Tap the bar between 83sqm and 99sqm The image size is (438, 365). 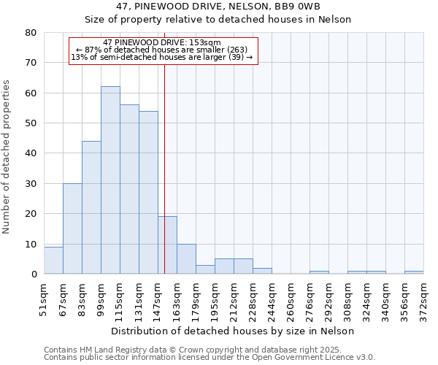point(91,207)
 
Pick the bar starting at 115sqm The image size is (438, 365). point(129,189)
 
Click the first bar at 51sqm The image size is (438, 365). point(53,261)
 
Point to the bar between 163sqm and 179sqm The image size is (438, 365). point(186,259)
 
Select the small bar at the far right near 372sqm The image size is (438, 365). point(414,272)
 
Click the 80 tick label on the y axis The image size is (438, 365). point(30,33)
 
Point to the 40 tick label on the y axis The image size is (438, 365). point(30,153)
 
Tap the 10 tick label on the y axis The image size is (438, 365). point(30,244)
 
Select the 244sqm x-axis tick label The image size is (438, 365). point(272,298)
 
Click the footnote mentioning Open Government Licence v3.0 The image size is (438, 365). point(210,357)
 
